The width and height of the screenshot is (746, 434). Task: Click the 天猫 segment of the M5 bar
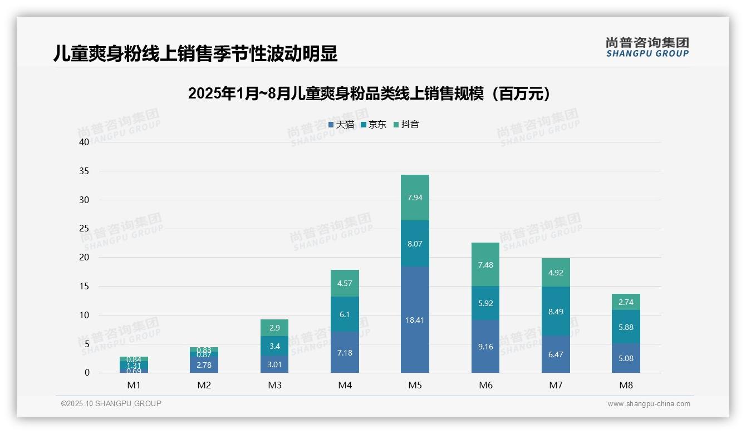(x=415, y=319)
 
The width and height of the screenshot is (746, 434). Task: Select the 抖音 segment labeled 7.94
(x=415, y=198)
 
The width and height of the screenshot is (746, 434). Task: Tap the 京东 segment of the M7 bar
(x=556, y=312)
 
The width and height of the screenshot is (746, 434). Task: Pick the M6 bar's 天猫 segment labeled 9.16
(x=485, y=346)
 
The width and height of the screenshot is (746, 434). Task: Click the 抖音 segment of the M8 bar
(x=626, y=302)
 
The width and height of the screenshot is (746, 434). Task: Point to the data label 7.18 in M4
(x=345, y=353)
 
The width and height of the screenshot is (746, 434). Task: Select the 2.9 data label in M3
(x=274, y=328)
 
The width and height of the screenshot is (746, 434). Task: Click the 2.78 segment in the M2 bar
(x=204, y=364)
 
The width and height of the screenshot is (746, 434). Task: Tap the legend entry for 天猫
(x=341, y=125)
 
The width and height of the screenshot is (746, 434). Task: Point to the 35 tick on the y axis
(x=84, y=171)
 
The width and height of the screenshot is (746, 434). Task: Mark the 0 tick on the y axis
(x=87, y=373)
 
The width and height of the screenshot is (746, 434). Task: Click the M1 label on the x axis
(x=134, y=385)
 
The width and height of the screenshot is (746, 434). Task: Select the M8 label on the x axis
(x=626, y=385)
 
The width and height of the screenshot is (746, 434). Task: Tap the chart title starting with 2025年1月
(x=369, y=93)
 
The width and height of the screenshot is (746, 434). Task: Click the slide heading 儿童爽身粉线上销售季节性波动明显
(x=195, y=54)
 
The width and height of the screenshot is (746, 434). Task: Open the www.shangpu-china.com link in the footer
(x=649, y=404)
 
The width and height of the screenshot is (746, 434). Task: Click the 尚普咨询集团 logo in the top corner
(x=647, y=47)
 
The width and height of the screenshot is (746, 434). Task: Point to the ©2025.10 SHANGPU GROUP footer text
(x=111, y=403)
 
